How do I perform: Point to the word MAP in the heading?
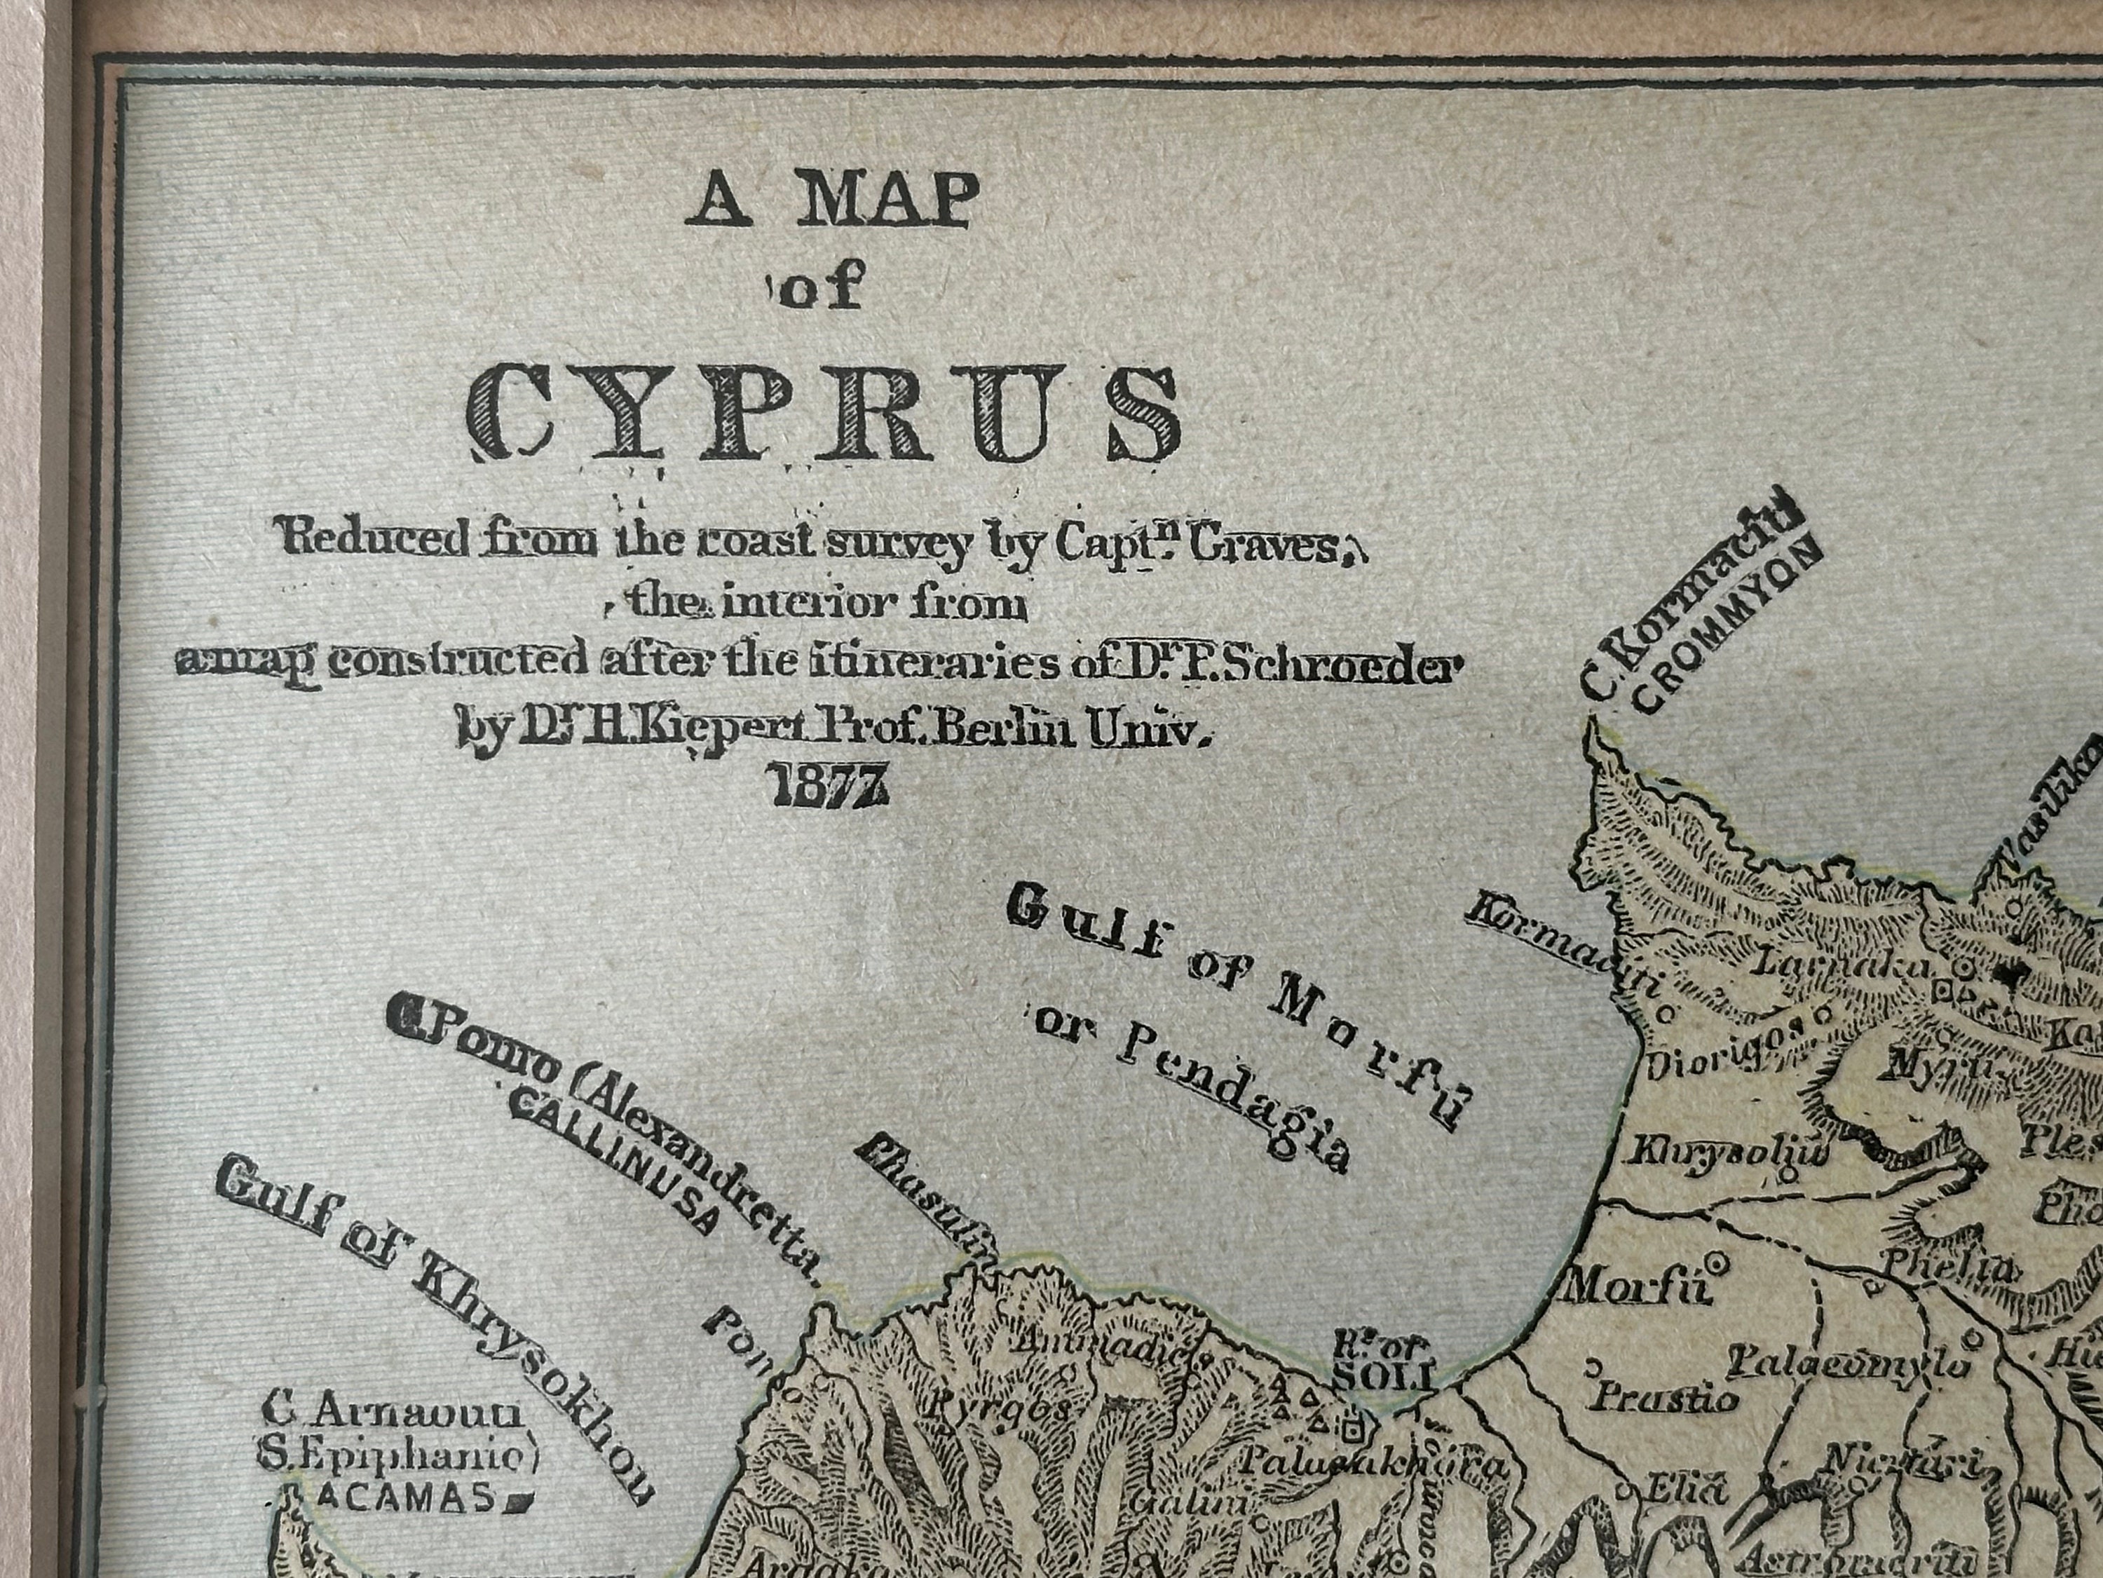[886, 200]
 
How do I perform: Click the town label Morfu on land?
[1634, 1288]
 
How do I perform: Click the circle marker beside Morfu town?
[1716, 1263]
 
